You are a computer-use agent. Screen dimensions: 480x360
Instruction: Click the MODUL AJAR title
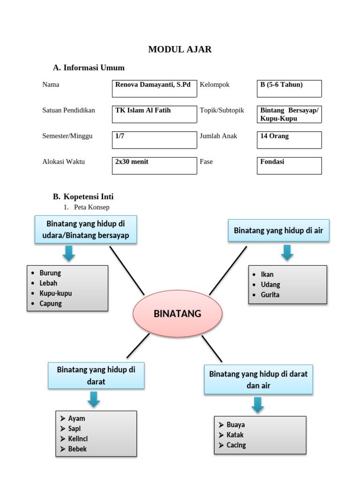[x=180, y=49]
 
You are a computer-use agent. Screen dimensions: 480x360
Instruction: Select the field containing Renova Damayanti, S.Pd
[x=154, y=89]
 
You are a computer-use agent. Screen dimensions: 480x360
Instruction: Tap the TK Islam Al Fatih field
[x=154, y=114]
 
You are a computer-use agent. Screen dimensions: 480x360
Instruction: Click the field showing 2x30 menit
[x=154, y=165]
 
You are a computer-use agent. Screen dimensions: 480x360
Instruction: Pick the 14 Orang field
[x=289, y=140]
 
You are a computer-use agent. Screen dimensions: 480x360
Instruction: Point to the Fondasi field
[x=289, y=165]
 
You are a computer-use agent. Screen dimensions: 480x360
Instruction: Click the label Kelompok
[x=214, y=85]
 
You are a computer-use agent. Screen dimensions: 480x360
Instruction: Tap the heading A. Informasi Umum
[x=89, y=68]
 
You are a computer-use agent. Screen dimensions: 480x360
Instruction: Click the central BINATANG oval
[x=177, y=314]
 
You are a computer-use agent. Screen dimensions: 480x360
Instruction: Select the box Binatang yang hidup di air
[x=278, y=231]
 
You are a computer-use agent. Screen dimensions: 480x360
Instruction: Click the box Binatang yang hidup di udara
[x=86, y=229]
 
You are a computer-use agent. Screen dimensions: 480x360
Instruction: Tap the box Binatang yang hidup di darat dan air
[x=258, y=380]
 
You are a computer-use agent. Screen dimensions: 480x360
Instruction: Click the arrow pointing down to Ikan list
[x=287, y=252]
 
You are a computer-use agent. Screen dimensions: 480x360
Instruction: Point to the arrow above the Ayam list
[x=94, y=399]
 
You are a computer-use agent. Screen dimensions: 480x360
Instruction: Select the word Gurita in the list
[x=270, y=295]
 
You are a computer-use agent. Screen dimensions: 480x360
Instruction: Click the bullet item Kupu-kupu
[x=56, y=293]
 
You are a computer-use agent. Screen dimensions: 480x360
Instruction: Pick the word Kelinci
[x=78, y=439]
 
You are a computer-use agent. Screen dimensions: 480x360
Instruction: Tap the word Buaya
[x=236, y=425]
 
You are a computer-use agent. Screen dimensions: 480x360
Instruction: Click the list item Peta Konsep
[x=91, y=207]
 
